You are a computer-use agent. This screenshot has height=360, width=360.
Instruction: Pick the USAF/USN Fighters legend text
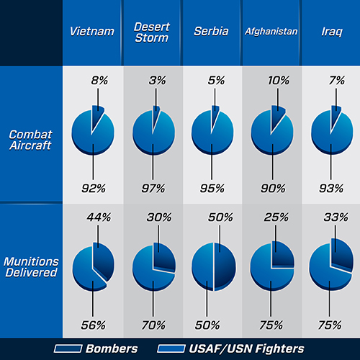tap(256, 348)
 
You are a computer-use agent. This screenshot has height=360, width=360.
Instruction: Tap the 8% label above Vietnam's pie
tap(99, 82)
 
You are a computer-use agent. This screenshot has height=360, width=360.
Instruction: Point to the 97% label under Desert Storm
tap(153, 189)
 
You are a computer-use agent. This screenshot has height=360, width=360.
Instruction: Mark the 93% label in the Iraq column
tap(331, 189)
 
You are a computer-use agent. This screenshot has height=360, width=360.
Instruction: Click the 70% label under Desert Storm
tap(153, 324)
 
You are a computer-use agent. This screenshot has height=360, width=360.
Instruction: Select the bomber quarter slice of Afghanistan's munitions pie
tap(281, 256)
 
